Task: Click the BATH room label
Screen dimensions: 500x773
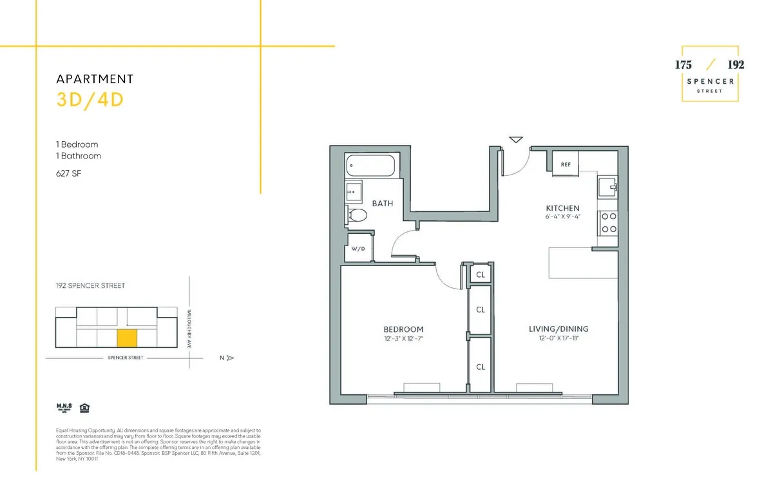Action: click(x=382, y=204)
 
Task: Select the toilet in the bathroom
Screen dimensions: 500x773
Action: click(x=356, y=215)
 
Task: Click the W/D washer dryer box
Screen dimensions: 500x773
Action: click(x=358, y=249)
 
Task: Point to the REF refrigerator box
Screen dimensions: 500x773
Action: click(x=566, y=164)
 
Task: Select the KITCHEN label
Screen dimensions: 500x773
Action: click(x=562, y=208)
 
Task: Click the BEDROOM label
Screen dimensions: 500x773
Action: click(x=403, y=329)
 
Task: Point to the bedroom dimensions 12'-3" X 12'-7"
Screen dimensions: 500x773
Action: click(x=403, y=338)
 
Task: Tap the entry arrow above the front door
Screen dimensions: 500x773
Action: click(x=516, y=139)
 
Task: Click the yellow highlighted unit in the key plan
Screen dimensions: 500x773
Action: click(x=127, y=338)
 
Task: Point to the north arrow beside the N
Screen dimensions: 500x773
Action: click(x=231, y=358)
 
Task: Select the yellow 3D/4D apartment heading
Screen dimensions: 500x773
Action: click(x=90, y=101)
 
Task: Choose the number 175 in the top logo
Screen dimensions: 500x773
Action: click(x=683, y=65)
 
